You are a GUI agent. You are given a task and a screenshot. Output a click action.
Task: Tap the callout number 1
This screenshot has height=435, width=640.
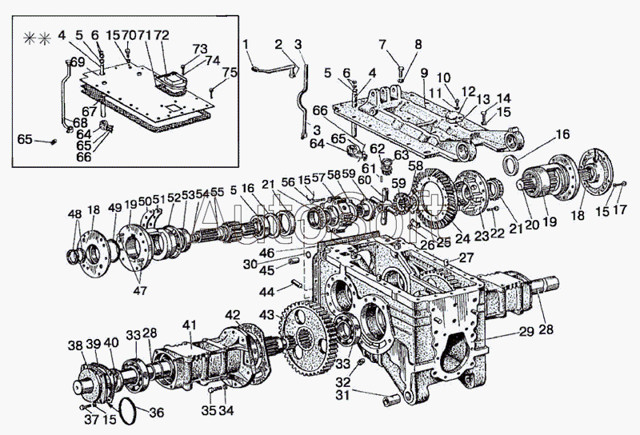click(246, 43)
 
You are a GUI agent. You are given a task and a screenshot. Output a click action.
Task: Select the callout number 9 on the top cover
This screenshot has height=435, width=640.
click(423, 72)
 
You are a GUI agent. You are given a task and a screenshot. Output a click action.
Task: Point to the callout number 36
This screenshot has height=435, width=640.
click(156, 413)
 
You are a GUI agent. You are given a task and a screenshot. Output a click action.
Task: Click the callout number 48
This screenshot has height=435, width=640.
click(74, 214)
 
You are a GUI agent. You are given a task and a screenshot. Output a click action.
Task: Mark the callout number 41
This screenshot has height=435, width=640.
click(189, 324)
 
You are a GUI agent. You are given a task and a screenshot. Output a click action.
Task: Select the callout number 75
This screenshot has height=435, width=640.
click(230, 73)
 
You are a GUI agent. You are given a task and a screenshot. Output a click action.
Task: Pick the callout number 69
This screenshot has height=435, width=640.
click(78, 62)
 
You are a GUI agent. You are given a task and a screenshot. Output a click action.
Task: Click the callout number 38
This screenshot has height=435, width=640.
click(74, 345)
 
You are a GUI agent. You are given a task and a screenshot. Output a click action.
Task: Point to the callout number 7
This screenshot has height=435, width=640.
click(382, 43)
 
